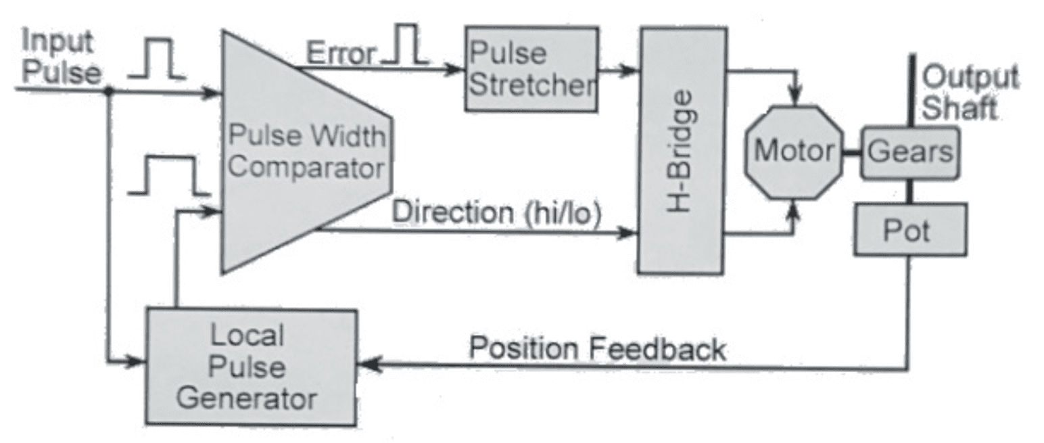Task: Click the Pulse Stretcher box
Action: [531, 68]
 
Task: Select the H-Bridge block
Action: [683, 150]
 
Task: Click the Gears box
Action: [909, 152]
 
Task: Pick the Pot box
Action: [909, 230]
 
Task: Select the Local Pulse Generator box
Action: [251, 367]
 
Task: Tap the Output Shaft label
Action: [970, 93]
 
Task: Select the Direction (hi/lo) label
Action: [496, 212]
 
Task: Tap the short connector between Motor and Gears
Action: [851, 151]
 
